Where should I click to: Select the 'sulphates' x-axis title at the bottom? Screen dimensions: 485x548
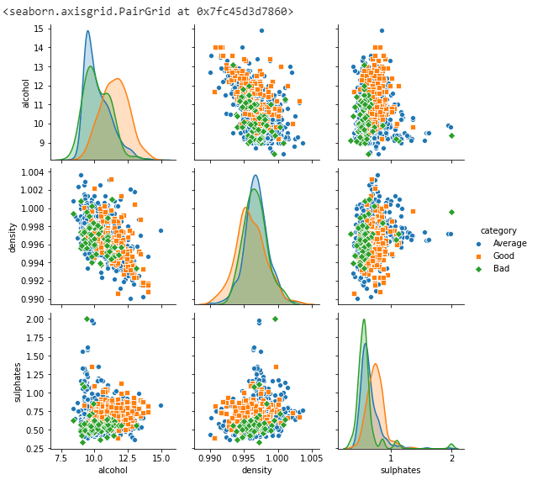[399, 471]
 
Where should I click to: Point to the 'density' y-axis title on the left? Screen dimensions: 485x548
[13, 237]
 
